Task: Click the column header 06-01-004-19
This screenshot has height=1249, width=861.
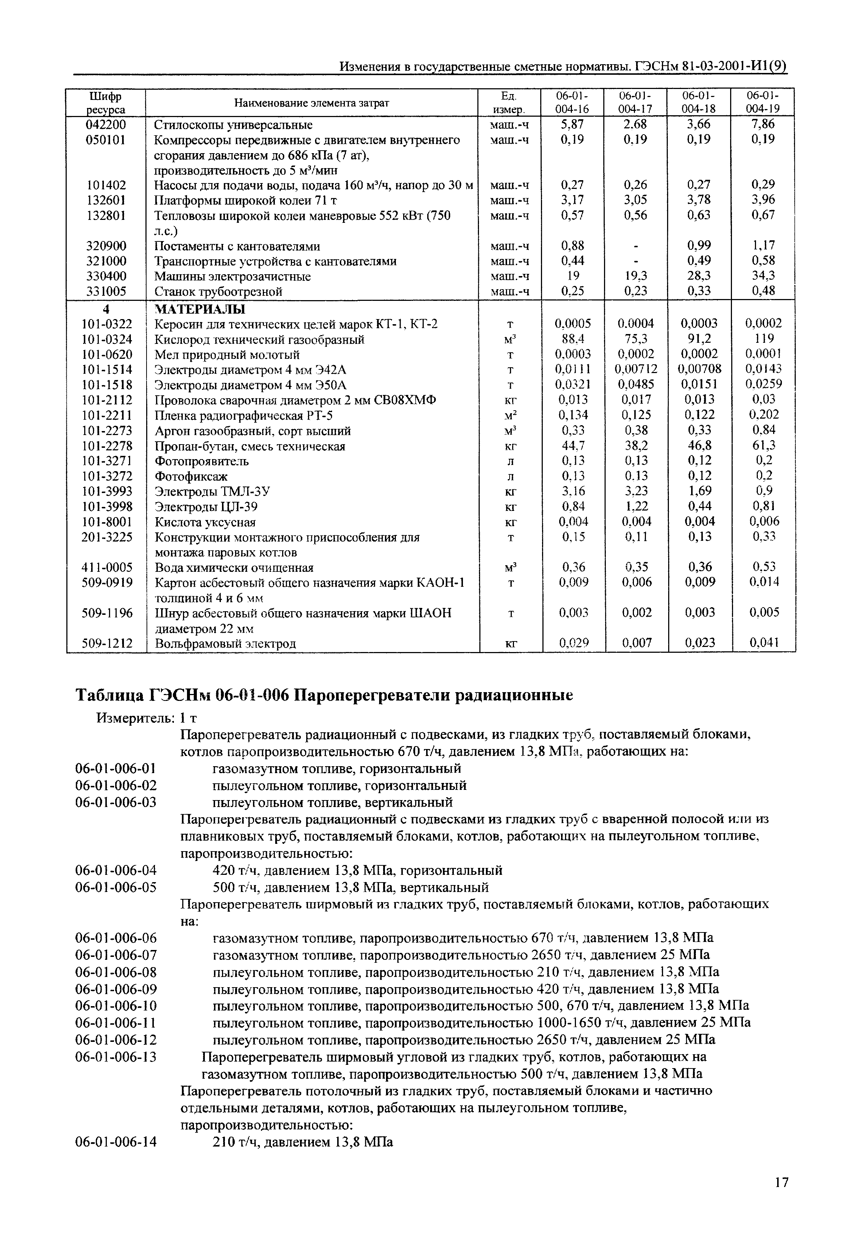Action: tap(763, 102)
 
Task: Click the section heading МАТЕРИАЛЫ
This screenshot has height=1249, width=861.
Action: tap(200, 309)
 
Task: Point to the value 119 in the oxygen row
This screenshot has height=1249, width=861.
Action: tap(764, 339)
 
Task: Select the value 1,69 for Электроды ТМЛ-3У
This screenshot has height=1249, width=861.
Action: tap(700, 491)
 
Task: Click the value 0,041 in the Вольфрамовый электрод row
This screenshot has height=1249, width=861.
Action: tap(764, 643)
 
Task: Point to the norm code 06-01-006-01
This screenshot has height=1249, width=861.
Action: tap(116, 768)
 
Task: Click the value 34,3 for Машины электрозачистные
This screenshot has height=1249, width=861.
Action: tap(763, 276)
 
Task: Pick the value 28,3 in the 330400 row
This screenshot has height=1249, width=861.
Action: tap(699, 276)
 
